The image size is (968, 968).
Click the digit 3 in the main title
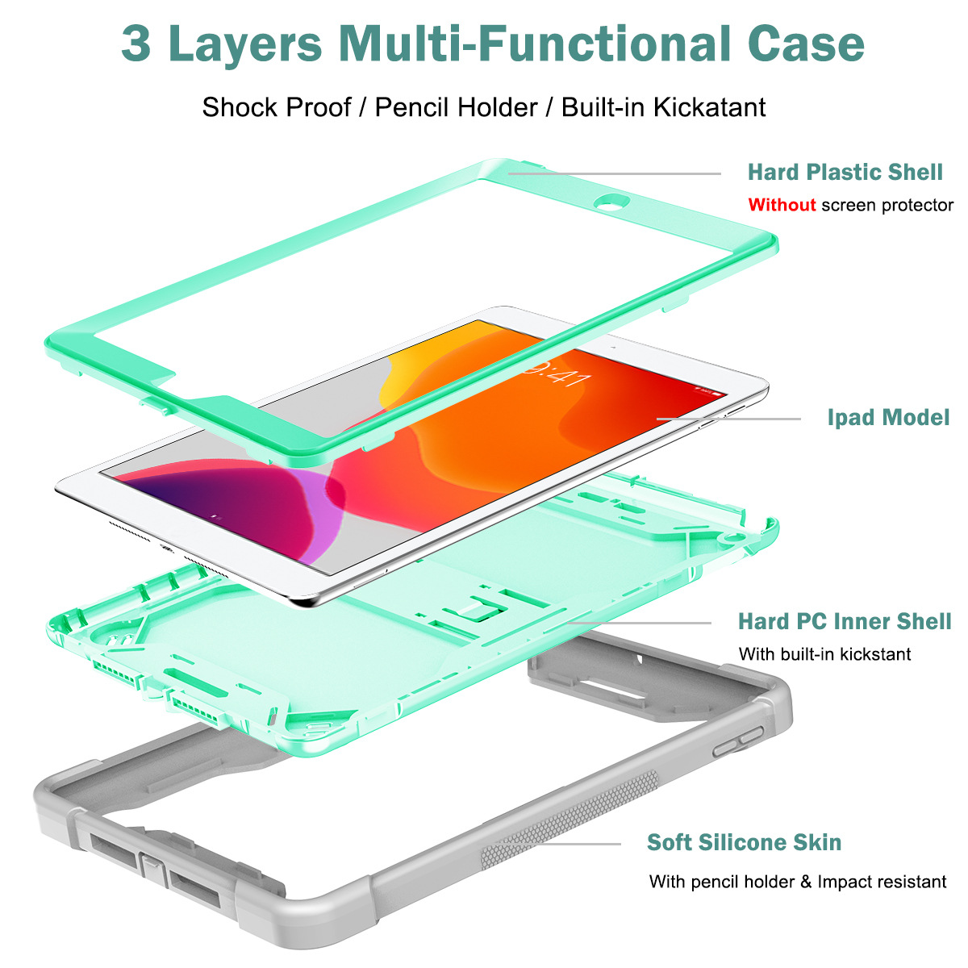click(x=136, y=44)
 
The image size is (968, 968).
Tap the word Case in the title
click(x=805, y=44)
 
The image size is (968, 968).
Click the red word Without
click(x=782, y=205)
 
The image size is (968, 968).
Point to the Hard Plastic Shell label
click(x=845, y=173)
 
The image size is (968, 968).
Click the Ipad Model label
click(x=888, y=417)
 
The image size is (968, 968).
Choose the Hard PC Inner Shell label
click(x=845, y=621)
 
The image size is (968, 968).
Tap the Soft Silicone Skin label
click(x=744, y=842)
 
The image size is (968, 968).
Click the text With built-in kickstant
click(x=824, y=654)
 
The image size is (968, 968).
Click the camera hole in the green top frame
click(x=611, y=202)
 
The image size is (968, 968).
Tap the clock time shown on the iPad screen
click(x=557, y=372)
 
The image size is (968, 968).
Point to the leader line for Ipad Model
click(x=728, y=419)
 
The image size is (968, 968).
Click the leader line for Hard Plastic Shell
click(x=615, y=173)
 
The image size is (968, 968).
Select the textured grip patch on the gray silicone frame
click(x=570, y=820)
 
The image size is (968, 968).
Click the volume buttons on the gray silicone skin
click(x=738, y=741)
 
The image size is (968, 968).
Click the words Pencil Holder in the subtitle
click(x=456, y=107)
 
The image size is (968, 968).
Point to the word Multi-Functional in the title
click(x=535, y=44)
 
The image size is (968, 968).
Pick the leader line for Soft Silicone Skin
click(x=557, y=844)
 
